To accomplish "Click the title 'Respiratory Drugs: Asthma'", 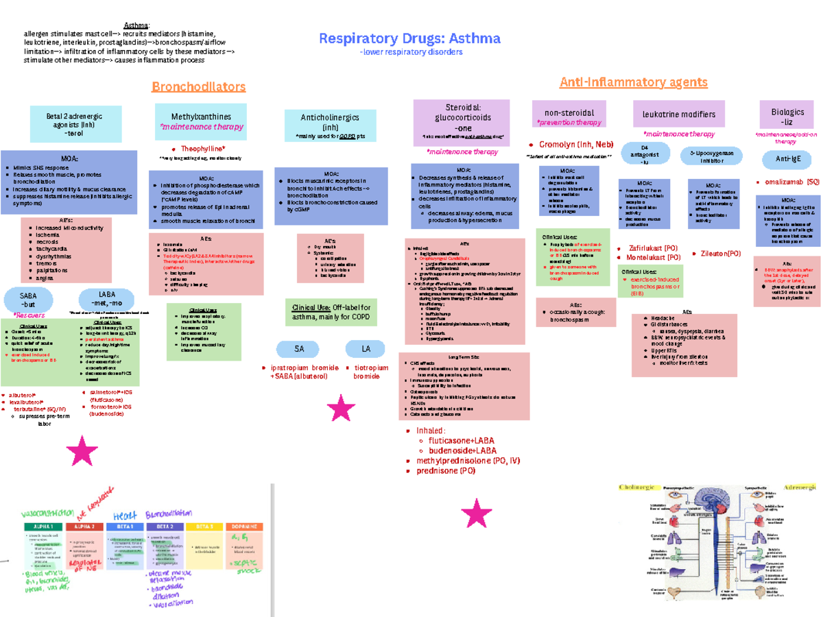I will (x=409, y=38).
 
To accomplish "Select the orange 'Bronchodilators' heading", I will (x=198, y=86).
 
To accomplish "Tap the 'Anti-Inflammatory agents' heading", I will (x=633, y=82).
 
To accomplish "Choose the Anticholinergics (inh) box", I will (x=330, y=126).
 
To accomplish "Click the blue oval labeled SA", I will (x=299, y=349).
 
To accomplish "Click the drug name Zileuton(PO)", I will (x=720, y=253).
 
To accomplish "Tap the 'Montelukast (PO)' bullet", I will (x=653, y=258).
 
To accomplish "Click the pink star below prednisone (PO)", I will (x=477, y=513).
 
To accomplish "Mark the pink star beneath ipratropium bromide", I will (x=341, y=409).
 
